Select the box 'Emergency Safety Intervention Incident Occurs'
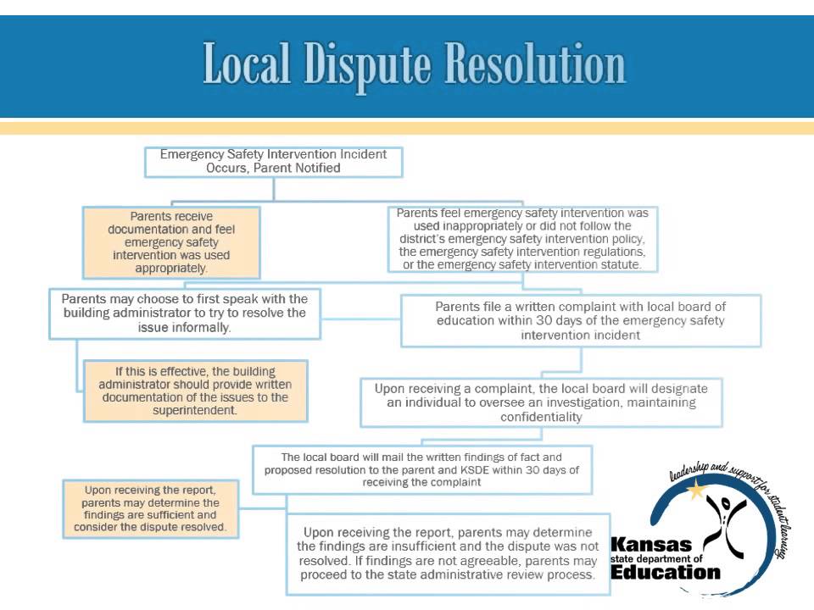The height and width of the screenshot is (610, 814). pyautogui.click(x=273, y=162)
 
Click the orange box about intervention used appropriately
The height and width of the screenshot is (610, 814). pyautogui.click(x=171, y=243)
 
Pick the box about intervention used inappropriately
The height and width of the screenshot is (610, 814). pyautogui.click(x=522, y=239)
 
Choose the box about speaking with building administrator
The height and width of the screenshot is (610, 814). pyautogui.click(x=185, y=313)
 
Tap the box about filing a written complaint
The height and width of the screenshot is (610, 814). pyautogui.click(x=581, y=320)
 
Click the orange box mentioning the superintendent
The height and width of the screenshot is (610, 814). pyautogui.click(x=196, y=391)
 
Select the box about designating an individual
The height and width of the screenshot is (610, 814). pyautogui.click(x=541, y=402)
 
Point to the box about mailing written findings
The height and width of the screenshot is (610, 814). pyautogui.click(x=421, y=469)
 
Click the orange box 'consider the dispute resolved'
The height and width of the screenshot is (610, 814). pyautogui.click(x=150, y=508)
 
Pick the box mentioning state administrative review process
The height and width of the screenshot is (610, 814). pyautogui.click(x=448, y=553)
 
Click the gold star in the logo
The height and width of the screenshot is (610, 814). pyautogui.click(x=697, y=490)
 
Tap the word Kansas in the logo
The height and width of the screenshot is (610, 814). pyautogui.click(x=650, y=544)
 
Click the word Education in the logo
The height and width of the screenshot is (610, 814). pyautogui.click(x=666, y=572)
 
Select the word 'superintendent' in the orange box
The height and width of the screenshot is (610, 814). pyautogui.click(x=196, y=410)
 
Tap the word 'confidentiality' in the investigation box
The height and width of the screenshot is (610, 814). pyautogui.click(x=541, y=418)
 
